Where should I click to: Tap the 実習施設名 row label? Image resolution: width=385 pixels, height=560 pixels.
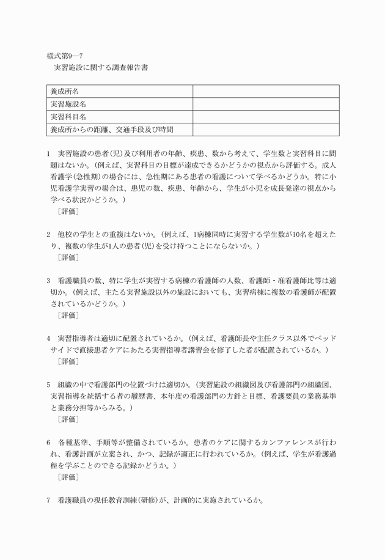[69, 104]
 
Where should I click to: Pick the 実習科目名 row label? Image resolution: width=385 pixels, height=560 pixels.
[69, 116]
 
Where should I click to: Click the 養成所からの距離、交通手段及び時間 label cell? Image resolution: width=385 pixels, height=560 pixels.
[111, 129]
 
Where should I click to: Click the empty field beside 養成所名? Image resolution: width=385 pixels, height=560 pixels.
[266, 91]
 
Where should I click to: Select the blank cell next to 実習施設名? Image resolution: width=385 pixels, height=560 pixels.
[266, 104]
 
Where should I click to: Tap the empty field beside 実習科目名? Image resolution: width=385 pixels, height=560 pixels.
[266, 116]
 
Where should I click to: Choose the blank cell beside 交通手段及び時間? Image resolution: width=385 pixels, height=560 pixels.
[266, 129]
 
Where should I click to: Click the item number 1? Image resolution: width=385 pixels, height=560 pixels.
[48, 153]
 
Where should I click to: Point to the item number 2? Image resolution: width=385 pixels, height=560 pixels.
[48, 234]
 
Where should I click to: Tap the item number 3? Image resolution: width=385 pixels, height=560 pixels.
[48, 281]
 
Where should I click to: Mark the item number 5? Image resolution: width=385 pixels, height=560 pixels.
[48, 385]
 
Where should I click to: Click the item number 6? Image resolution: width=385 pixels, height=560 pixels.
[48, 442]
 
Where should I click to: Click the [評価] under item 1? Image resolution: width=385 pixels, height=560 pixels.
[68, 212]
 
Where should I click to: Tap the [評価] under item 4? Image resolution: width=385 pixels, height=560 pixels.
[68, 361]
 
